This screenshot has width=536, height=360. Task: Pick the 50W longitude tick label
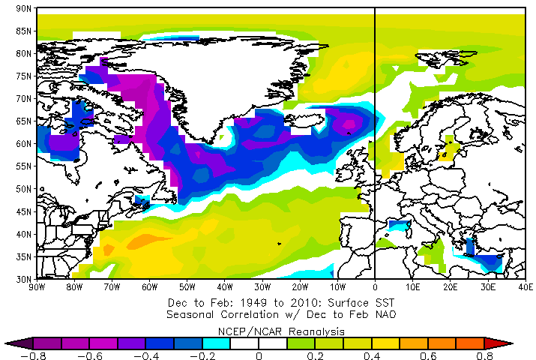pyautogui.click(x=187, y=286)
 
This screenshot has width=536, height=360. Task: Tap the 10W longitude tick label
pyautogui.click(x=337, y=286)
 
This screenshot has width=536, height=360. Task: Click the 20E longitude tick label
pyautogui.click(x=450, y=286)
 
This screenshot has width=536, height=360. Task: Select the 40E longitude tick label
pyautogui.click(x=525, y=286)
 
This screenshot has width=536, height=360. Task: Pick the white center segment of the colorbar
pyautogui.click(x=259, y=343)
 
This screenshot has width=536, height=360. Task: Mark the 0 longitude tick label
pyautogui.click(x=375, y=286)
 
